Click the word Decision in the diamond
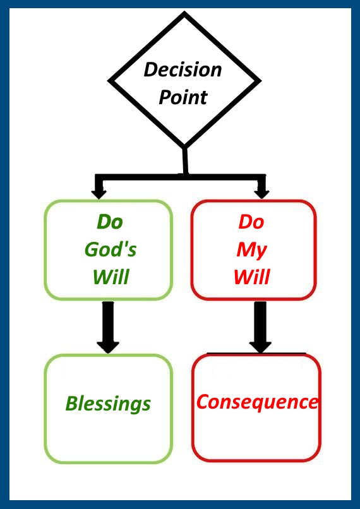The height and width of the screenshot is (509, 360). click(183, 70)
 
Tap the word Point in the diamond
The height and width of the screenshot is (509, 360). click(183, 97)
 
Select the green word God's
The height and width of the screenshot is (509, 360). click(111, 250)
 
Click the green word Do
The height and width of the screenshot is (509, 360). click(110, 222)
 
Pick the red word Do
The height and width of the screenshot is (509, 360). click(251, 222)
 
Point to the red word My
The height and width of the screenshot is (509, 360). click(252, 251)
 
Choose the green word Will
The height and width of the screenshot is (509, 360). click(111, 278)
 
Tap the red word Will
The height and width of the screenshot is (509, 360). click(252, 278)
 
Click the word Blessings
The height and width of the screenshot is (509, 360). click(108, 404)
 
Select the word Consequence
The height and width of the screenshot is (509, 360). click(257, 402)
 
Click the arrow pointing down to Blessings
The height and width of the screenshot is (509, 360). click(108, 327)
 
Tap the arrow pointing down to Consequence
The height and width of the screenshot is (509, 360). click(260, 327)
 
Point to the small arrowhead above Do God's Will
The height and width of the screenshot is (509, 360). click(99, 194)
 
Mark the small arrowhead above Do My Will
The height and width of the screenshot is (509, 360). click(261, 194)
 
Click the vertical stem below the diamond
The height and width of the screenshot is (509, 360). click(185, 161)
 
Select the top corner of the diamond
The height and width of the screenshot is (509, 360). click(184, 13)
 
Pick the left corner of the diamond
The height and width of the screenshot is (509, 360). click(109, 80)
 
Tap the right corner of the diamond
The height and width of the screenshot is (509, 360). click(261, 81)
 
